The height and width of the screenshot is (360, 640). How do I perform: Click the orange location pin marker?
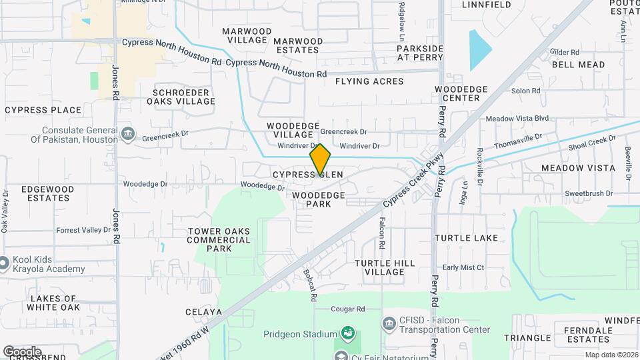320,159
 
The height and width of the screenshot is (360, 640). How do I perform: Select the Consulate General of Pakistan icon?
127,135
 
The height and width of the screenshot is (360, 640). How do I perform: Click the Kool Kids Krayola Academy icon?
4,263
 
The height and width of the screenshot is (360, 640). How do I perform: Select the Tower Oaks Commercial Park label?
219,240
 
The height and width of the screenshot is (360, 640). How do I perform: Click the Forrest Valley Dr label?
83,230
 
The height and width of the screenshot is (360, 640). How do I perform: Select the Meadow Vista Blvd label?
517,119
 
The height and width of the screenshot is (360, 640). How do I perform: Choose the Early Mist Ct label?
463,267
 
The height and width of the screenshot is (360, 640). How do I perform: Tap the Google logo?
22,351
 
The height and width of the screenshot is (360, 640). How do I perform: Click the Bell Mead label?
578,65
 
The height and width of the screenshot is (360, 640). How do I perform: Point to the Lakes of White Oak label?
53,303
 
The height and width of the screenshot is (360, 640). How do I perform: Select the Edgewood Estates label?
48,193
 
